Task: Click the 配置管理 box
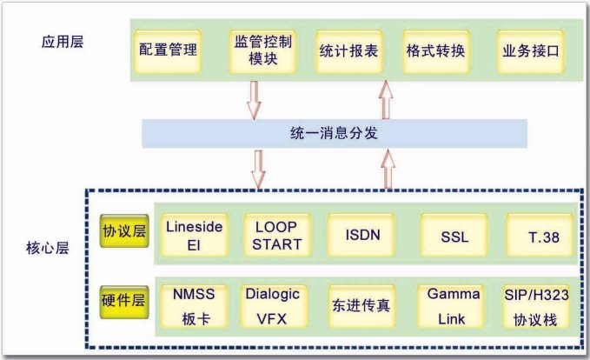click(x=168, y=50)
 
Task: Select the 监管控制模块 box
click(x=262, y=50)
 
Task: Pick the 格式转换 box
click(x=434, y=50)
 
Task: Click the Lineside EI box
click(x=194, y=235)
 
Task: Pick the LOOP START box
click(x=276, y=235)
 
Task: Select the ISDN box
click(x=361, y=235)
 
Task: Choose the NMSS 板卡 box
click(x=194, y=305)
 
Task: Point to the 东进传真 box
click(x=361, y=307)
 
